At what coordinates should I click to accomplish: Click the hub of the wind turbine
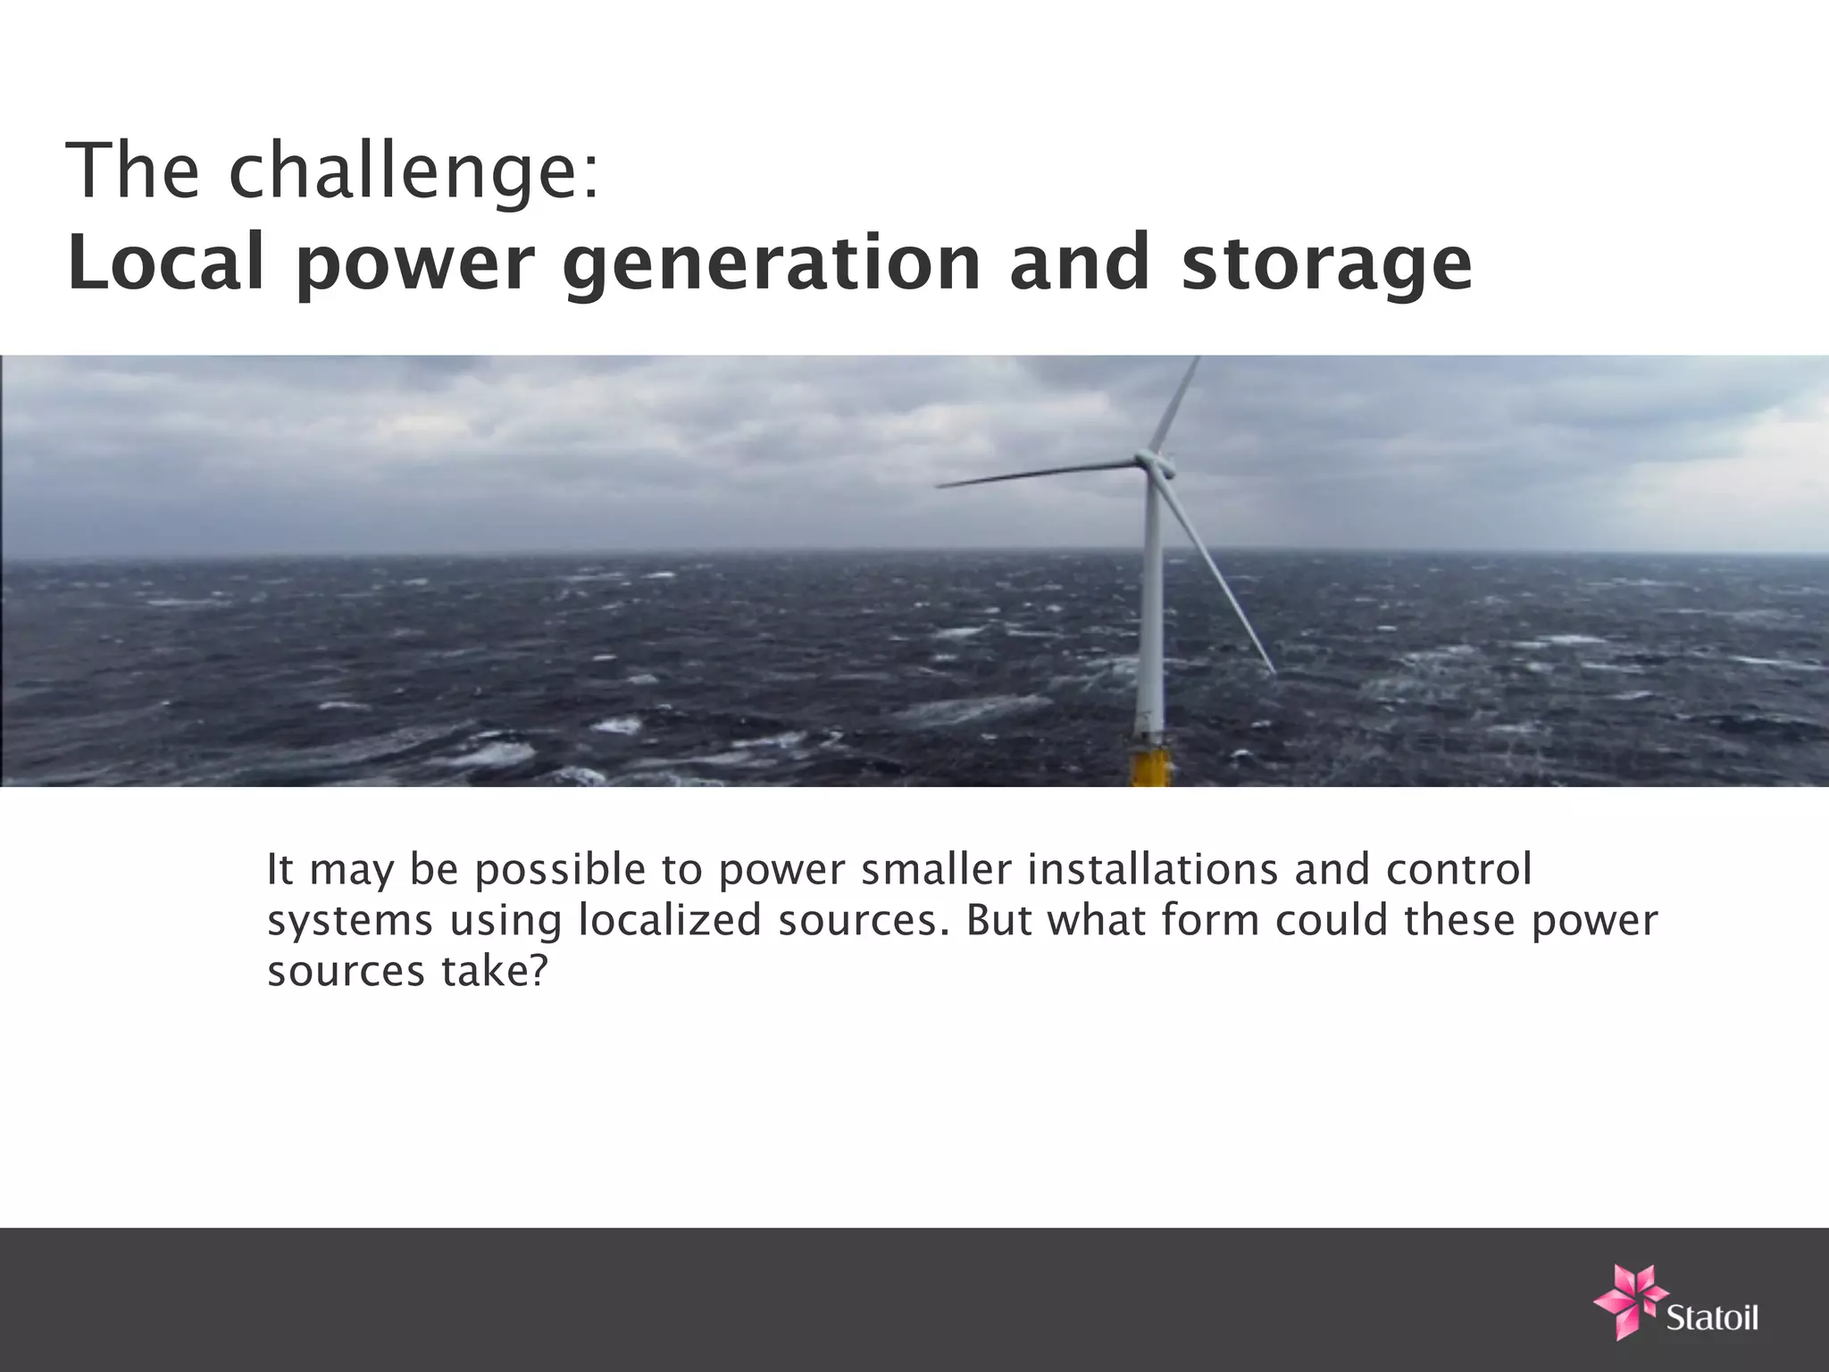[x=1151, y=462]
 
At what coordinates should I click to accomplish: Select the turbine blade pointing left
[x=1036, y=473]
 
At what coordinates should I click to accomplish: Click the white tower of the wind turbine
[x=1151, y=607]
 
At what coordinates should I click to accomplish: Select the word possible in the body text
[x=560, y=870]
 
